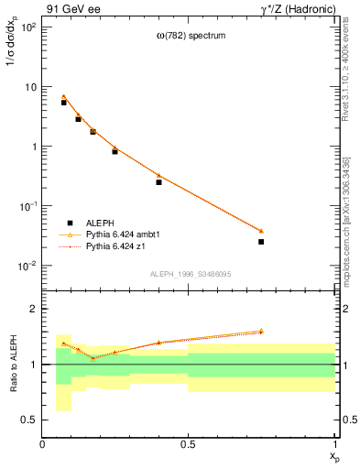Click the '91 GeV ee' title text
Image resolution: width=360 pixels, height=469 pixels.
tap(71, 8)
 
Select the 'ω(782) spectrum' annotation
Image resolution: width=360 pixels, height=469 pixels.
tap(190, 36)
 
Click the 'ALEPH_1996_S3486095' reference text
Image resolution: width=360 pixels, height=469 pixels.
tap(189, 274)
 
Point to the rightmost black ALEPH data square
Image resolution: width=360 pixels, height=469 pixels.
tap(261, 242)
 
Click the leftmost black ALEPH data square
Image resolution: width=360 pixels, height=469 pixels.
tap(64, 103)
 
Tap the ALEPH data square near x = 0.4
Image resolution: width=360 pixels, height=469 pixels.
tap(158, 182)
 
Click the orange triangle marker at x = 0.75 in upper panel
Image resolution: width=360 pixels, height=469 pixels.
tap(261, 231)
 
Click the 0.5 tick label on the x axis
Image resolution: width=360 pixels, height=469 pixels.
tap(188, 445)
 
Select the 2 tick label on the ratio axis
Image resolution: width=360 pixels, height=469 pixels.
tap(32, 309)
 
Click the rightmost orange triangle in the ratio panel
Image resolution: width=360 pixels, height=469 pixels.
tap(261, 331)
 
